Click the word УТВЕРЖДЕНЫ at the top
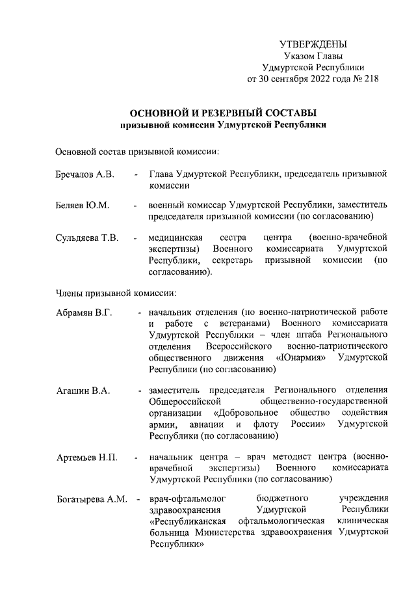(x=313, y=44)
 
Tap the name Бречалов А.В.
(x=84, y=174)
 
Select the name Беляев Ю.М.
(x=82, y=205)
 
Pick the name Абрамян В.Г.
(x=84, y=312)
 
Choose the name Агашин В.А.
(x=83, y=390)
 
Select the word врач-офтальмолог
(x=183, y=499)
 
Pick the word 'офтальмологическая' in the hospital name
(x=284, y=522)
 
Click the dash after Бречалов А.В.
(x=135, y=174)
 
